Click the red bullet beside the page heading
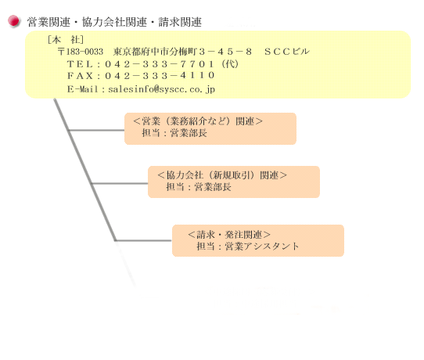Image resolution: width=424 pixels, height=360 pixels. pyautogui.click(x=13, y=21)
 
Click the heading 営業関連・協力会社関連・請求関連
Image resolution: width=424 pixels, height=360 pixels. pyautogui.click(x=114, y=22)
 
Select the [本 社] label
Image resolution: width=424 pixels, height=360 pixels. pyautogui.click(x=65, y=40)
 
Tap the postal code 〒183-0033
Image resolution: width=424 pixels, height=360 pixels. pyautogui.click(x=81, y=52)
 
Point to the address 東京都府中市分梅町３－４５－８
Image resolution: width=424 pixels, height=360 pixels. pyautogui.click(x=182, y=52)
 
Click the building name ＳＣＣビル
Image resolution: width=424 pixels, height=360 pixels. pyautogui.click(x=287, y=52)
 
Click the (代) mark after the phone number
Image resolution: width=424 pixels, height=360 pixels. pyautogui.click(x=230, y=64)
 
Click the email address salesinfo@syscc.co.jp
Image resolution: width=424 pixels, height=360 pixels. pyautogui.click(x=161, y=89)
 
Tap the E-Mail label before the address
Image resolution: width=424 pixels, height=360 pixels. pyautogui.click(x=82, y=89)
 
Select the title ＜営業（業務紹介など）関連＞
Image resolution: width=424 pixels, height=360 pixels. pyautogui.click(x=198, y=121)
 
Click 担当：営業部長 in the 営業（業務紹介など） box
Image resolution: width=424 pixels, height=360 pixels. pyautogui.click(x=174, y=133)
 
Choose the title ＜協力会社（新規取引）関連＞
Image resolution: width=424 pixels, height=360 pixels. pyautogui.click(x=221, y=175)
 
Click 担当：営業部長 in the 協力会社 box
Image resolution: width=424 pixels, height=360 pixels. pyautogui.click(x=199, y=186)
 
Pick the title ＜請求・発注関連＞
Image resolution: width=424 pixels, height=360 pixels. pyautogui.click(x=229, y=235)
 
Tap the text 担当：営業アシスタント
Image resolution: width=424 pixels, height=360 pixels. pyautogui.click(x=247, y=246)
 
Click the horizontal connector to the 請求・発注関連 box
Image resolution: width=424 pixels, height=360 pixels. pyautogui.click(x=143, y=240)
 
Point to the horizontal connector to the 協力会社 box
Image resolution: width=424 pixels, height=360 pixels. pyautogui.click(x=120, y=184)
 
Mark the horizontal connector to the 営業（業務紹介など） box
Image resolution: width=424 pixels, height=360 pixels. pyautogui.click(x=96, y=131)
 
